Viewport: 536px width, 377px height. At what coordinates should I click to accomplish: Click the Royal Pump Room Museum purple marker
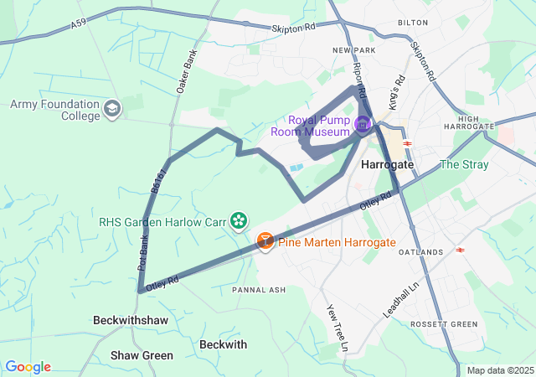click(363, 125)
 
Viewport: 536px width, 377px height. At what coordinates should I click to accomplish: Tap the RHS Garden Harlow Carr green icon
click(240, 221)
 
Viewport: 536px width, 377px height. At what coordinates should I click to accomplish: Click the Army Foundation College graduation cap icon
click(112, 109)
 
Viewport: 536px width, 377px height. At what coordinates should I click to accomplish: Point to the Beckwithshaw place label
click(130, 321)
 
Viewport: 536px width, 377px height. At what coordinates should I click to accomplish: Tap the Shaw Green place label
click(142, 355)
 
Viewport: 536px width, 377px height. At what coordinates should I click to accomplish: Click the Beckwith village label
click(224, 344)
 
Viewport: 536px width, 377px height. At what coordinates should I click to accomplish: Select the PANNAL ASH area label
click(259, 290)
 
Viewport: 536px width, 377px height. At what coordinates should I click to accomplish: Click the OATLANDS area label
click(420, 252)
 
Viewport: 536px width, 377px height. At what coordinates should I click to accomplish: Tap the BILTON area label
click(413, 23)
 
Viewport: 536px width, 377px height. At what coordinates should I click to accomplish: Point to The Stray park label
click(463, 164)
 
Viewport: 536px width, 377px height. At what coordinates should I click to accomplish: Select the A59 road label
click(78, 25)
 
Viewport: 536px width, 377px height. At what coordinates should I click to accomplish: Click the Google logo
click(28, 367)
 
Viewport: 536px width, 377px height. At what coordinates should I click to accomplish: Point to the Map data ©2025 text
click(499, 370)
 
